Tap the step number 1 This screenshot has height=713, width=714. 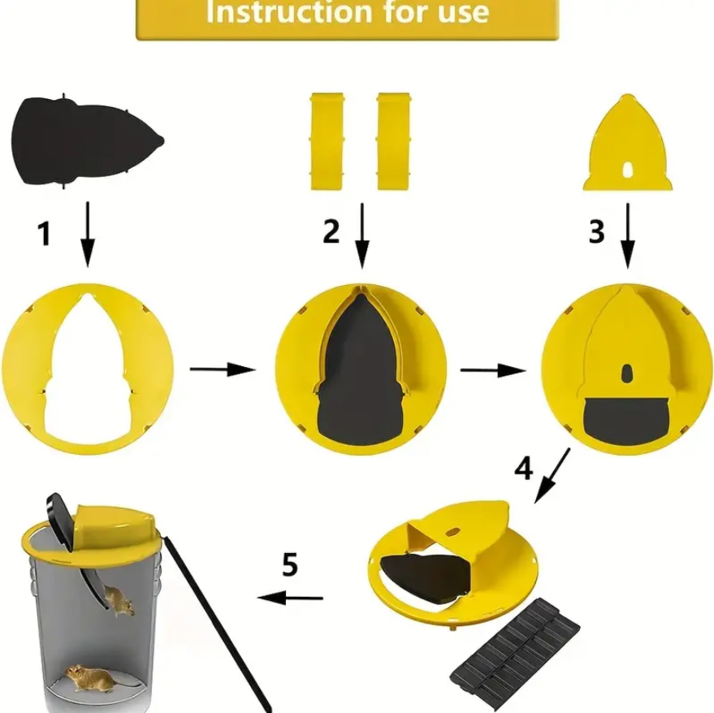pos(44,234)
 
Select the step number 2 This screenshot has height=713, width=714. pos(331,231)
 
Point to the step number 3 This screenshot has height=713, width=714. pos(596,231)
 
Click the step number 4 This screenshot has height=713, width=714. pos(524,468)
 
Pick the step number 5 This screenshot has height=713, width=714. pos(290,564)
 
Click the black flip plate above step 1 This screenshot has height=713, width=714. pos(88,141)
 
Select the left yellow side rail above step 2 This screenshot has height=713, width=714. pos(327,141)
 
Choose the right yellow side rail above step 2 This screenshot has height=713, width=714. pos(393,141)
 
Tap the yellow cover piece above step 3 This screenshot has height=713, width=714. pos(627,144)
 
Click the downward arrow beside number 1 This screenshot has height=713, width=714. pos(88,234)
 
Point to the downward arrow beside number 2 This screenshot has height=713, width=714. pos(362,236)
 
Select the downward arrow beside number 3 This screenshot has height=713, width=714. pos(628,236)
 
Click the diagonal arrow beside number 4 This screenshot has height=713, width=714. pos(552,476)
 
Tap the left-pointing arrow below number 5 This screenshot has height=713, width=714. pos(290,598)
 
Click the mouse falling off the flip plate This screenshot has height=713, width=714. pos(119,601)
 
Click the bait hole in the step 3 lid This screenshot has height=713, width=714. pos(627,373)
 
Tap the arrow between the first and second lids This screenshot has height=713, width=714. pos(223,369)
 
